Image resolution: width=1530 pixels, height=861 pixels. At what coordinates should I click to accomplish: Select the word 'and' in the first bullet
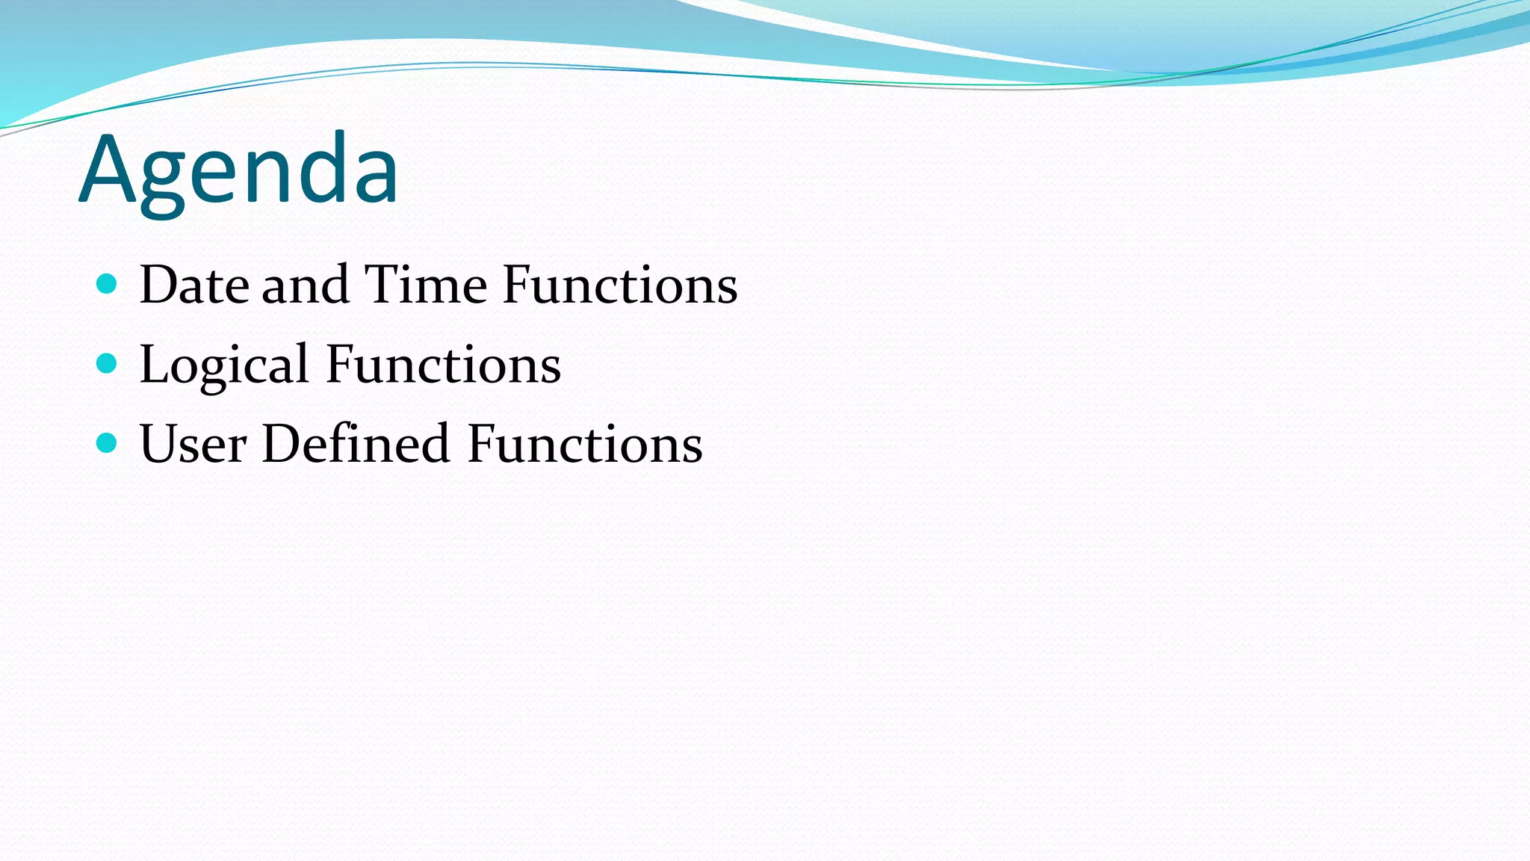point(306,285)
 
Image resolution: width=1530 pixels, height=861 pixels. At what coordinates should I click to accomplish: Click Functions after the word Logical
point(443,365)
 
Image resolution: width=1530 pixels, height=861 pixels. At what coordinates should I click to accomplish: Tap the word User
point(193,444)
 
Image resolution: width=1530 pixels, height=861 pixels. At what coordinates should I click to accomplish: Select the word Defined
point(356,444)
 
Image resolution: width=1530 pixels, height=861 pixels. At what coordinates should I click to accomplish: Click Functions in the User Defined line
point(584,444)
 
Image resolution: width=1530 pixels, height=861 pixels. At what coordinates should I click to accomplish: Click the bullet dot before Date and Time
point(108,283)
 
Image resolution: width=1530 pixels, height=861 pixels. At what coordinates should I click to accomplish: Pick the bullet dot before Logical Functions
point(108,363)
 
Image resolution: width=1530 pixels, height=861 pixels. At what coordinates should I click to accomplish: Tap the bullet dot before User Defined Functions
point(108,443)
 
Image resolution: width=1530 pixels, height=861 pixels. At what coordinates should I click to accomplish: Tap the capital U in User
point(158,444)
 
